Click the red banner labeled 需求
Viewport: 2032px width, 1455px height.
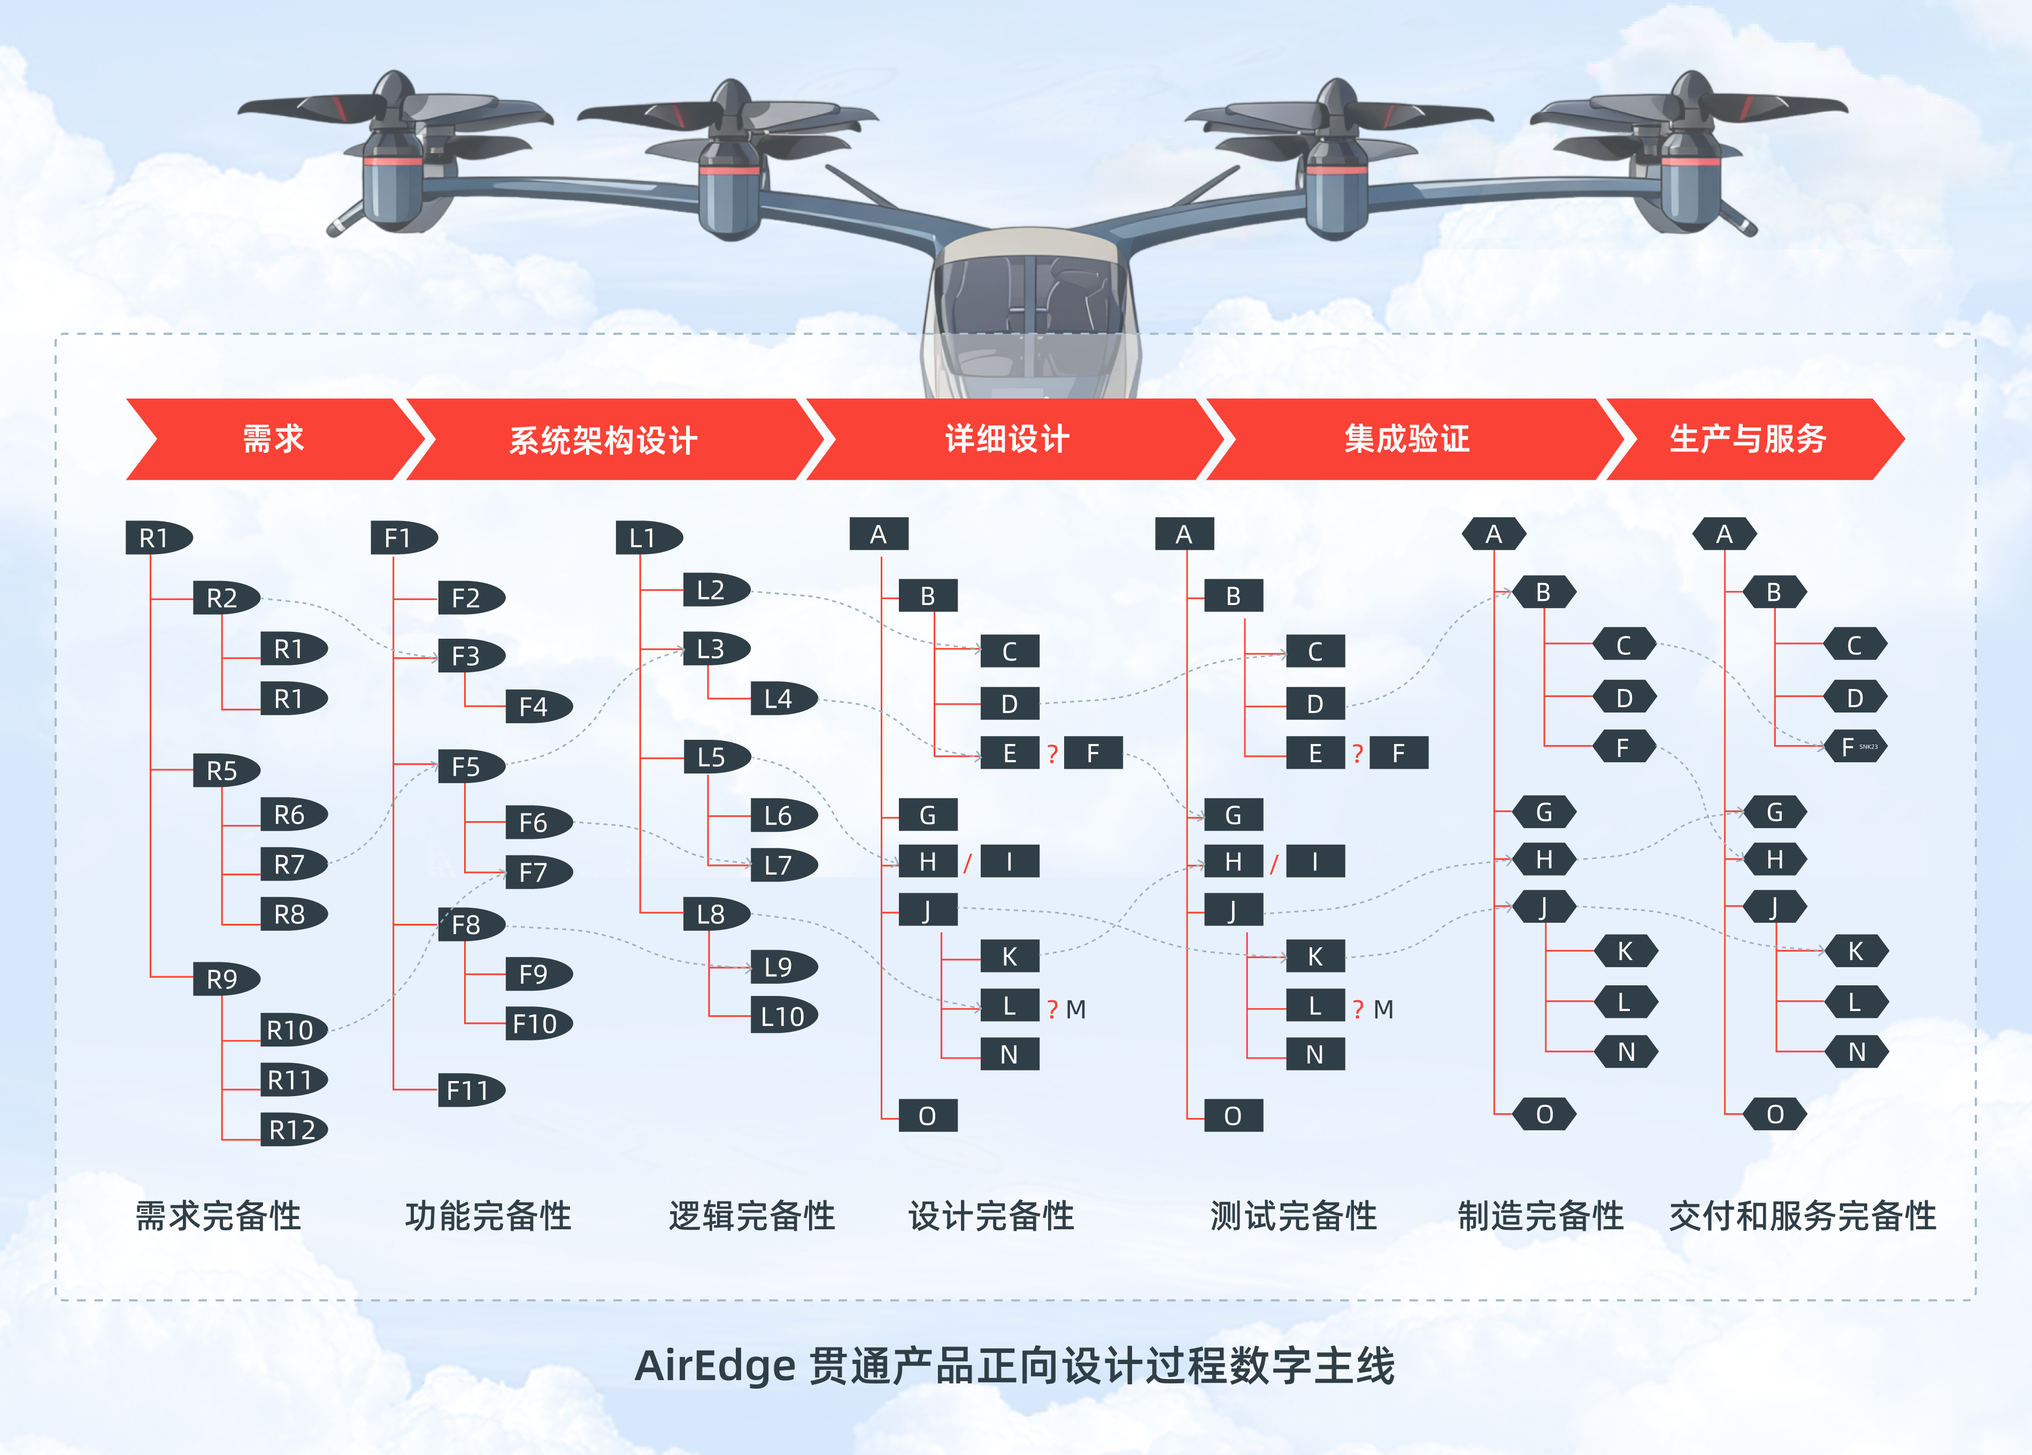click(273, 439)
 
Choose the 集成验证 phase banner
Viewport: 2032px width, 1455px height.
click(1407, 439)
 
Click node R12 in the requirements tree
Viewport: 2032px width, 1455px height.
click(293, 1130)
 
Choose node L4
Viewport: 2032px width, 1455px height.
click(782, 699)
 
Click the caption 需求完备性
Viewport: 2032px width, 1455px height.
click(219, 1216)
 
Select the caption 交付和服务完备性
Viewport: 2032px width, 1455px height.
click(1802, 1216)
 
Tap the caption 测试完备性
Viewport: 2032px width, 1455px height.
click(1293, 1216)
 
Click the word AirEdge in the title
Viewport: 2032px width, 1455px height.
click(714, 1366)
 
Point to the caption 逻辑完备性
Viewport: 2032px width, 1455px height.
click(751, 1216)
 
